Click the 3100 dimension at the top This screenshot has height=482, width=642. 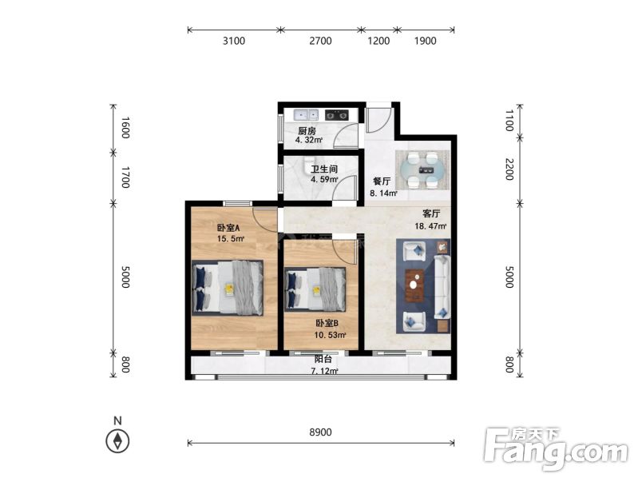pyautogui.click(x=234, y=41)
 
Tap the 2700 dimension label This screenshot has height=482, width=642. pyautogui.click(x=320, y=41)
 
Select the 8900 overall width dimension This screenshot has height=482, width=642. pyautogui.click(x=320, y=432)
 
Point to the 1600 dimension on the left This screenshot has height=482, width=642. pyautogui.click(x=125, y=127)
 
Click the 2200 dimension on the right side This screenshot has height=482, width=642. pyautogui.click(x=509, y=169)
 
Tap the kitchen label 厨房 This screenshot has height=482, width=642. pyautogui.click(x=307, y=131)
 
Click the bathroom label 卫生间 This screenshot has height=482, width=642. pyautogui.click(x=324, y=169)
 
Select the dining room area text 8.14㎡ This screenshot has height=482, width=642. pyautogui.click(x=383, y=193)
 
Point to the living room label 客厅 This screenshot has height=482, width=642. pyautogui.click(x=431, y=213)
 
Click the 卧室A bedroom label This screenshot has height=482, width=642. pyautogui.click(x=228, y=228)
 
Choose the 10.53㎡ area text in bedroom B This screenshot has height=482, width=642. pyautogui.click(x=330, y=335)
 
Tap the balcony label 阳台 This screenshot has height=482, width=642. pyautogui.click(x=323, y=359)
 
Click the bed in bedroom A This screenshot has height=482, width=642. pyautogui.click(x=228, y=288)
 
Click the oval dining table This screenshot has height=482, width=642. pyautogui.click(x=422, y=170)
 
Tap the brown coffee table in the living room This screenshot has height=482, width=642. pyautogui.click(x=415, y=285)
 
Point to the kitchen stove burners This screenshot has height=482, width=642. pyautogui.click(x=336, y=115)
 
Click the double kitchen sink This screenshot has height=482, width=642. pyautogui.click(x=306, y=115)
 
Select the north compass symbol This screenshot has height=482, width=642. pyautogui.click(x=118, y=441)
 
